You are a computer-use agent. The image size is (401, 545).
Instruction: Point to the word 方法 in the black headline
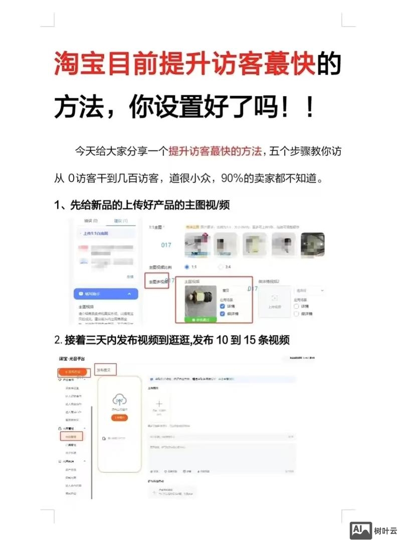coord(79,107)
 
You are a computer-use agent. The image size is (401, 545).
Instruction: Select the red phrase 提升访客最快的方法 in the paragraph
coord(216,151)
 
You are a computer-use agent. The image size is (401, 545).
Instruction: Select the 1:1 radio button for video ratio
coord(187,267)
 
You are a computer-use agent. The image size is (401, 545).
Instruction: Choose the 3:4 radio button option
coord(221,267)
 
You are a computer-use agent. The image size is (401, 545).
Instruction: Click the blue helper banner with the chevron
coord(105,293)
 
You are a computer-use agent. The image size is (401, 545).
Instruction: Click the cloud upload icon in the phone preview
coord(119,400)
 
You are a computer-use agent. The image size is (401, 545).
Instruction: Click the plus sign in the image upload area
coord(159,403)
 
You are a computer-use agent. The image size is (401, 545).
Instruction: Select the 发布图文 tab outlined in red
coord(106,370)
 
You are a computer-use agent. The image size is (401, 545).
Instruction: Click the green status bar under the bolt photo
coord(200,319)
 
